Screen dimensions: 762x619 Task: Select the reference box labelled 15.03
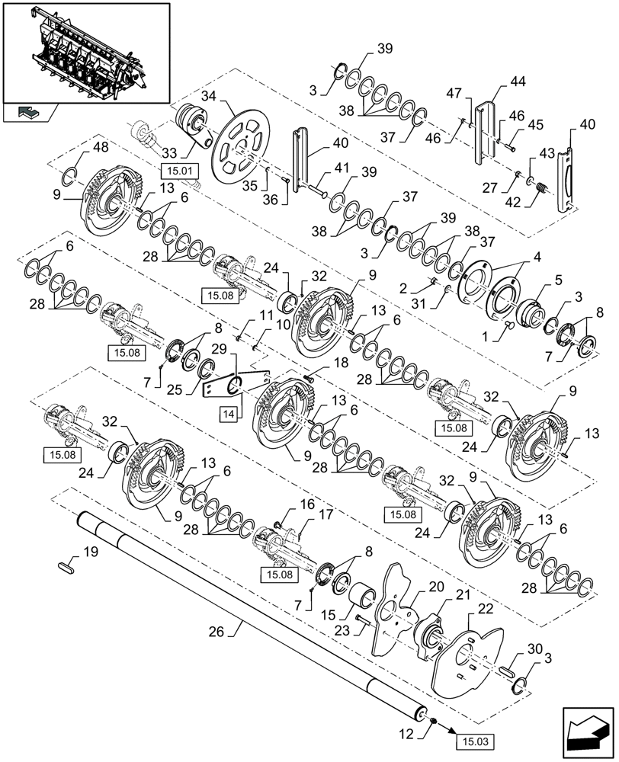475,738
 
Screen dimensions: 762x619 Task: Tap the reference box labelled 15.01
176,170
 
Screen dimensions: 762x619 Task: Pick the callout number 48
102,146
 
